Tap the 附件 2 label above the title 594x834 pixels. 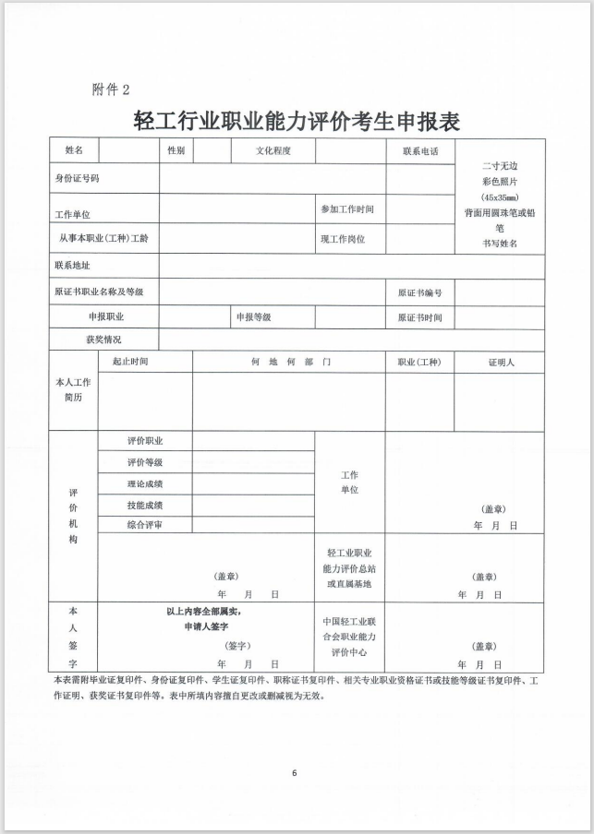point(111,89)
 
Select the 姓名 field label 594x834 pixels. point(74,150)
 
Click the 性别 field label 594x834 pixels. point(176,150)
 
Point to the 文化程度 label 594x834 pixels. point(273,150)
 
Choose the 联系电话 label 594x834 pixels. point(419,150)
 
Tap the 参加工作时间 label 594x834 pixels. point(347,209)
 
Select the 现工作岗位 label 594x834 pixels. point(343,238)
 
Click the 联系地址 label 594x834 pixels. point(73,266)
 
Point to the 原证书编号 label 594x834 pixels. point(419,292)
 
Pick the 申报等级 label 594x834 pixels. point(253,316)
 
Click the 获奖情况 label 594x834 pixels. point(103,340)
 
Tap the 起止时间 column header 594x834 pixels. point(130,362)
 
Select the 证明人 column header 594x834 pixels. point(501,363)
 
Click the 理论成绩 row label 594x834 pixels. point(145,483)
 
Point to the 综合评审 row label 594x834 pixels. point(145,524)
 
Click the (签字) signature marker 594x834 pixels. point(236,646)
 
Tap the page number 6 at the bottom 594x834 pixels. point(294,772)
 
